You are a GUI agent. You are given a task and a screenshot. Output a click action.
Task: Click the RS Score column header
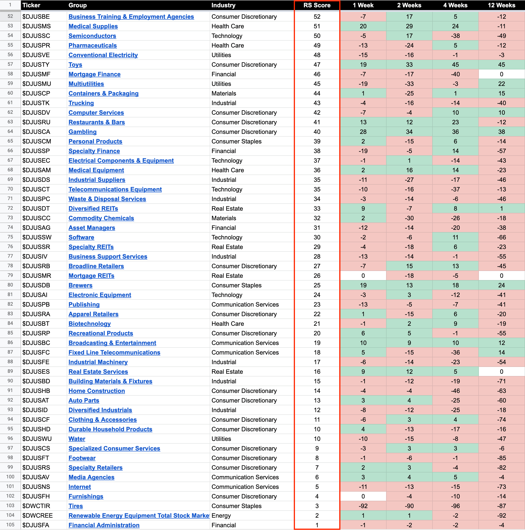(317, 5)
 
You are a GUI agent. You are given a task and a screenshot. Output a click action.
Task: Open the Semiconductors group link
(92, 36)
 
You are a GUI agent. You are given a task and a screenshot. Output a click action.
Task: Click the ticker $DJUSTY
(36, 65)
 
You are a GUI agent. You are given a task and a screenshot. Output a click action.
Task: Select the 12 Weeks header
(501, 5)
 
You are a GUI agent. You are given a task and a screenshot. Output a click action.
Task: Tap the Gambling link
(82, 132)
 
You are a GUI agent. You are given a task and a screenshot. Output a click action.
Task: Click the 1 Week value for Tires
(363, 506)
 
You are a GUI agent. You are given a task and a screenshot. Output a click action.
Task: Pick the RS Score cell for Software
(317, 237)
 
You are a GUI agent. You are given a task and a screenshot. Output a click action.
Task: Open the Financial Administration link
(104, 525)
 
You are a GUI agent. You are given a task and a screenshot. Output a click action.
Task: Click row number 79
(10, 276)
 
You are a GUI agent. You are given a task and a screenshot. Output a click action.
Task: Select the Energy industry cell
(221, 515)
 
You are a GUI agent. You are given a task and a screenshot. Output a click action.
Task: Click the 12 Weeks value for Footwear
(501, 458)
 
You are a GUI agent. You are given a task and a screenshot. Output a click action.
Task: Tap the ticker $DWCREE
(37, 515)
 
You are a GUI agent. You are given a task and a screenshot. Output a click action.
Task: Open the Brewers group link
(80, 285)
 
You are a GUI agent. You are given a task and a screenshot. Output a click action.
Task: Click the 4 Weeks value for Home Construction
(455, 391)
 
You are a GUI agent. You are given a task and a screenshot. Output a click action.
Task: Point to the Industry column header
(223, 5)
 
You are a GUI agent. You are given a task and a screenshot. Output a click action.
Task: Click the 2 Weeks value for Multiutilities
(409, 84)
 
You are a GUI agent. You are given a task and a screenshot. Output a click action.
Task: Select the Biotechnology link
(89, 324)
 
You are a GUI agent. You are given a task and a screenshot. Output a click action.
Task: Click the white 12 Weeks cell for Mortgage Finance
(501, 74)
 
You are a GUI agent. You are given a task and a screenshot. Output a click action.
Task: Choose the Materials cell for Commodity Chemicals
(224, 218)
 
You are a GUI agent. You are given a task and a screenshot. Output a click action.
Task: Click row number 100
(10, 477)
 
